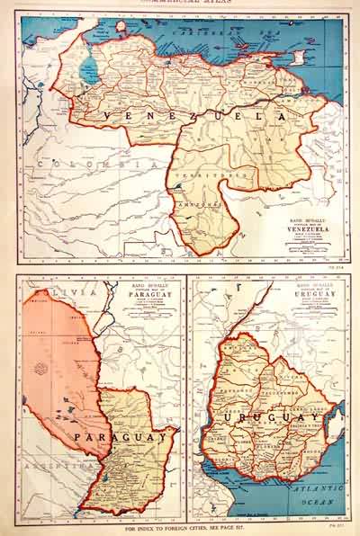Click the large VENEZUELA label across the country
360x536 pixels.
pos(193,118)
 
